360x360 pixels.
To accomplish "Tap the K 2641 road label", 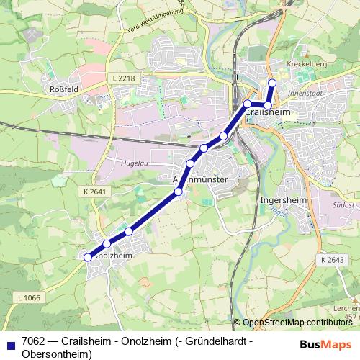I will pos(94,192).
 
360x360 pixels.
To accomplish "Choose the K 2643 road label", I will pos(333,259).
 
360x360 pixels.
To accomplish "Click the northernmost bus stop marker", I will pos(272,83).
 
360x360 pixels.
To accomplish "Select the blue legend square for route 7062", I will pos(9,342).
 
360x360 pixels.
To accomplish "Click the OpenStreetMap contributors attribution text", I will pos(297,323).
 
